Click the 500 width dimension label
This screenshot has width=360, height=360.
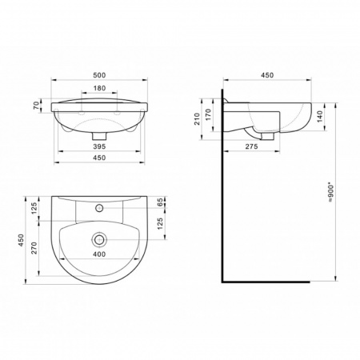pyautogui.click(x=99, y=75)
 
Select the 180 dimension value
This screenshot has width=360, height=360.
pyautogui.click(x=99, y=88)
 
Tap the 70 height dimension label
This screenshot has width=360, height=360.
pyautogui.click(x=37, y=106)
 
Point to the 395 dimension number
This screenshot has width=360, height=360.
pyautogui.click(x=99, y=146)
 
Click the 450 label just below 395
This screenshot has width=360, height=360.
pyautogui.click(x=99, y=158)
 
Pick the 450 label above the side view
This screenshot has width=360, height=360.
pyautogui.click(x=267, y=75)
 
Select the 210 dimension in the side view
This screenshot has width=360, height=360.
pyautogui.click(x=197, y=119)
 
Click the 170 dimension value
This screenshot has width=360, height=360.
pyautogui.click(x=208, y=114)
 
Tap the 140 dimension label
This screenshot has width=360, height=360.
pyautogui.click(x=320, y=116)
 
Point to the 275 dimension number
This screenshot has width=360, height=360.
pyautogui.click(x=251, y=146)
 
